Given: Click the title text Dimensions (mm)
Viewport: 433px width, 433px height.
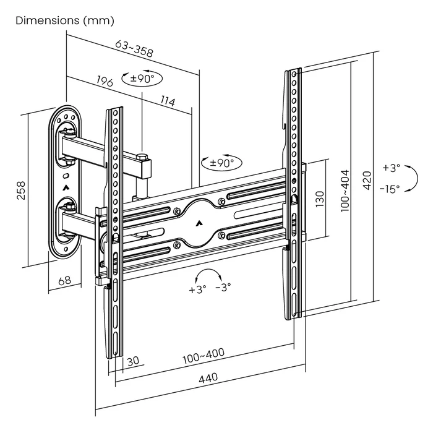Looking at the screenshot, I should click(x=65, y=20).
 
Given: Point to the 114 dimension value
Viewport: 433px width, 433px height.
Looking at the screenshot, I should click(x=167, y=101).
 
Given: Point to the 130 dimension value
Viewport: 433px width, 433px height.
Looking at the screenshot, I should click(x=320, y=199).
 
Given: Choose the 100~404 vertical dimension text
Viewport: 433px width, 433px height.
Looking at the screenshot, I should click(x=345, y=191).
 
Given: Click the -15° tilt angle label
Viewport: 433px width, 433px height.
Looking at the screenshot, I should click(x=390, y=189).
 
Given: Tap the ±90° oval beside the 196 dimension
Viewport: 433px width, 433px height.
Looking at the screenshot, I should click(x=142, y=79).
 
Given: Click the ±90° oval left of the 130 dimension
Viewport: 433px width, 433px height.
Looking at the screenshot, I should click(x=221, y=163).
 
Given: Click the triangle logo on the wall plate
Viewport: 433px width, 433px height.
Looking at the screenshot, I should click(x=66, y=183).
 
